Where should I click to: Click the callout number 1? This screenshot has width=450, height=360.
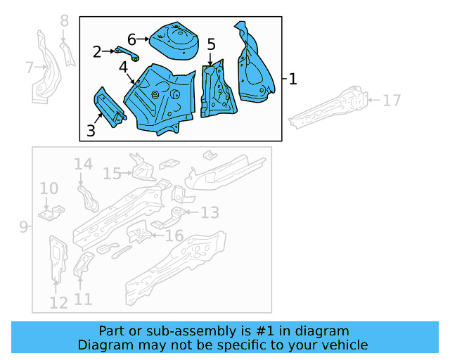[292, 79]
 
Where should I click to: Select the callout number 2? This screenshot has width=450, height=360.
[97, 51]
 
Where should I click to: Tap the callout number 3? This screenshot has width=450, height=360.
[91, 130]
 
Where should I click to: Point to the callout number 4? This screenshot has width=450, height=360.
[123, 67]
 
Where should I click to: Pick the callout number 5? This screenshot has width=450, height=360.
[211, 45]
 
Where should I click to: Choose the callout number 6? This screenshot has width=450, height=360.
[131, 39]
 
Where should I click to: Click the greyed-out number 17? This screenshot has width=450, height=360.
[392, 101]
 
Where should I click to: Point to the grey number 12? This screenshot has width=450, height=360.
[58, 302]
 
